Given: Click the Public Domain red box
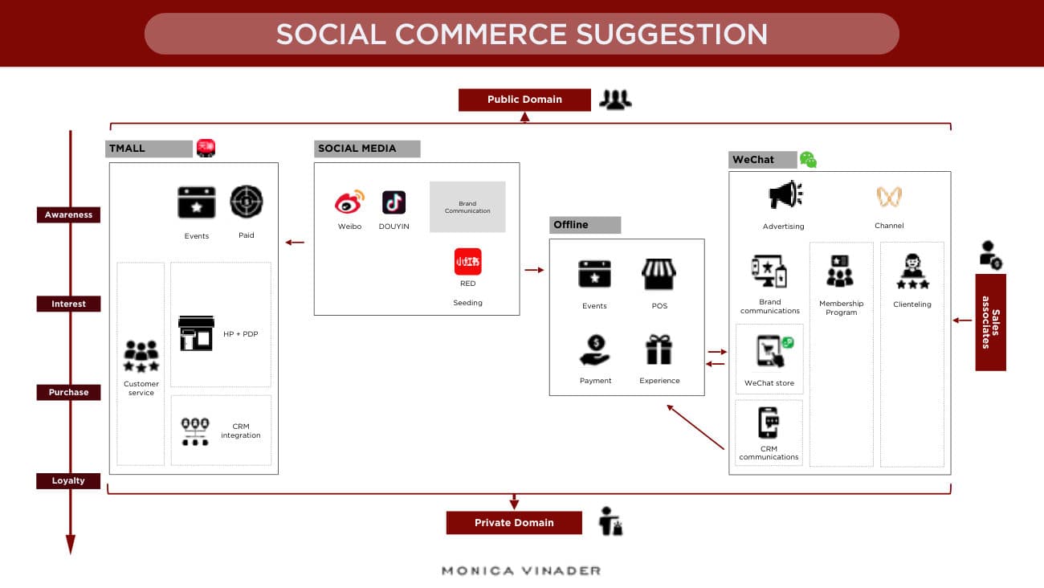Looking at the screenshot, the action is pyautogui.click(x=524, y=100).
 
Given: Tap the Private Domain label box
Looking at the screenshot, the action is pyautogui.click(x=514, y=522).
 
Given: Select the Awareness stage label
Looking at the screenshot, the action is pyautogui.click(x=68, y=214).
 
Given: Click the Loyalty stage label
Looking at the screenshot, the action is pyautogui.click(x=68, y=480).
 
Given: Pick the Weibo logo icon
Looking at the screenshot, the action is pyautogui.click(x=349, y=202).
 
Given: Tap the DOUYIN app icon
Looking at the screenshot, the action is pyautogui.click(x=394, y=202).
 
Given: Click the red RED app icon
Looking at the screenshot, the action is pyautogui.click(x=468, y=262).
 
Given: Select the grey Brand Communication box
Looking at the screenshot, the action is pyautogui.click(x=467, y=207).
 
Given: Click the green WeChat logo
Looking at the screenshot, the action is pyautogui.click(x=808, y=160).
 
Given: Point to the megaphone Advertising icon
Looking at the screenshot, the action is pyautogui.click(x=785, y=194).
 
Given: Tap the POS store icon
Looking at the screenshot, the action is pyautogui.click(x=659, y=274).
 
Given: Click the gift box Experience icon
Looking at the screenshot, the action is pyautogui.click(x=659, y=349).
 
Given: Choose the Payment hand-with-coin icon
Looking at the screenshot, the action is pyautogui.click(x=595, y=349).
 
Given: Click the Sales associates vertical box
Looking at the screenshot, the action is pyautogui.click(x=990, y=322).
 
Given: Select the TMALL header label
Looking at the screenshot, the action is pyautogui.click(x=149, y=149).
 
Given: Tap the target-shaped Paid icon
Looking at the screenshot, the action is pyautogui.click(x=247, y=202).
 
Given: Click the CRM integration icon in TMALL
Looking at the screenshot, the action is pyautogui.click(x=195, y=431).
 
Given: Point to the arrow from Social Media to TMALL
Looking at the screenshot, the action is pyautogui.click(x=295, y=243).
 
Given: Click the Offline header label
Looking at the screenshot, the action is pyautogui.click(x=585, y=225).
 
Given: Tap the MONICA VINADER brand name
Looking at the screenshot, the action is pyautogui.click(x=521, y=570).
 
